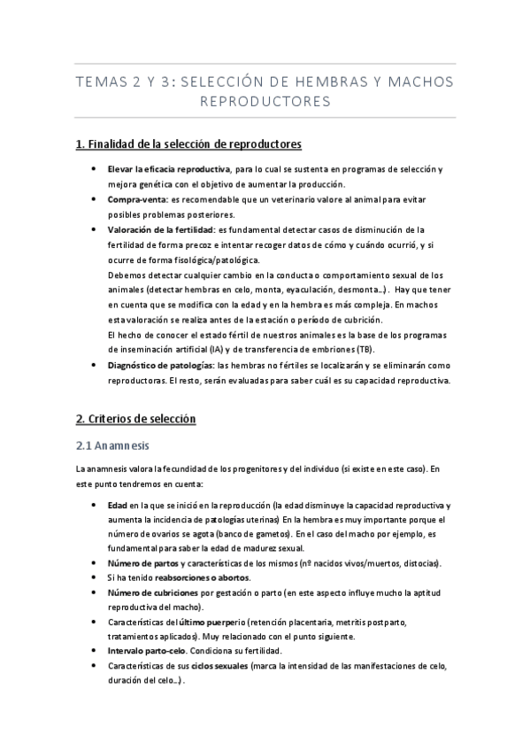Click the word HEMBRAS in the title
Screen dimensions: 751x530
pyautogui.click(x=336, y=82)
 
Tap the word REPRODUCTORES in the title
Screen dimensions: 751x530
pyautogui.click(x=265, y=102)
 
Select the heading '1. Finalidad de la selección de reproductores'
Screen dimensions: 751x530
pyautogui.click(x=188, y=143)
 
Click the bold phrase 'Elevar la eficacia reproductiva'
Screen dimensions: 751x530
pyautogui.click(x=156, y=168)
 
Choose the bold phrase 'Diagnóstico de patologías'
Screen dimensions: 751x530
pyautogui.click(x=159, y=367)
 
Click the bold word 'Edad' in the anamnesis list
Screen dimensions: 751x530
pyautogui.click(x=116, y=504)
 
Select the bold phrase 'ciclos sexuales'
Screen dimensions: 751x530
pyautogui.click(x=219, y=665)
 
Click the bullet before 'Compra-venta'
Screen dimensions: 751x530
pyautogui.click(x=95, y=199)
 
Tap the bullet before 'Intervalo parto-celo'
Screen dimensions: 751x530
pyautogui.click(x=95, y=650)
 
